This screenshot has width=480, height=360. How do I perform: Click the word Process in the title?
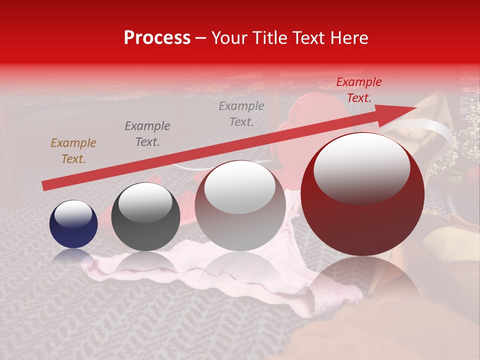click(x=157, y=38)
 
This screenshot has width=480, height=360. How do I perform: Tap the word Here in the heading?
click(x=348, y=38)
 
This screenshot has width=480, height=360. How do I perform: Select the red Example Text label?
click(x=358, y=90)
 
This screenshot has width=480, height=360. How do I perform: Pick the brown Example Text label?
click(x=73, y=151)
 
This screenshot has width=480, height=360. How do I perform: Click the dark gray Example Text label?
click(x=147, y=134)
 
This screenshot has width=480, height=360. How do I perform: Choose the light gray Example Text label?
click(x=241, y=114)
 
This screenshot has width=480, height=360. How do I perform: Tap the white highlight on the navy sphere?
click(x=73, y=213)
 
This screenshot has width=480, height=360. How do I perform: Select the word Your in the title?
click(x=228, y=38)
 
